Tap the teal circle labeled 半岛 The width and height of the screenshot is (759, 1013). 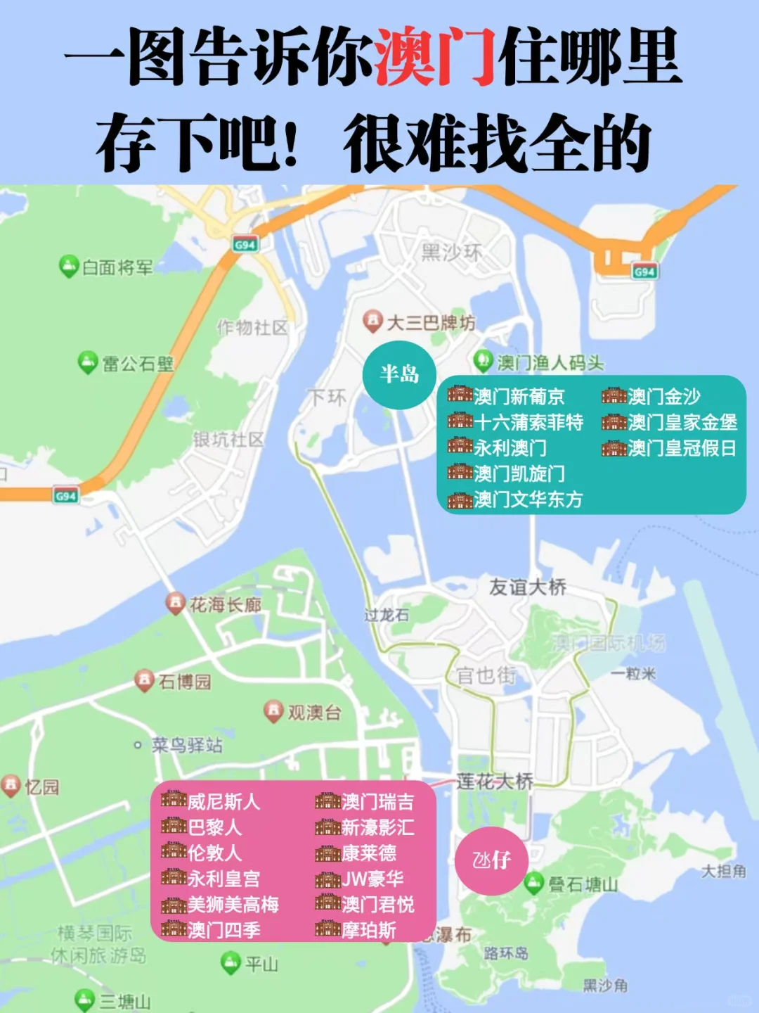[399, 374]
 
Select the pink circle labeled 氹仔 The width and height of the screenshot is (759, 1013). [491, 860]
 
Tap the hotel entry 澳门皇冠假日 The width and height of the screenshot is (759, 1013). [668, 448]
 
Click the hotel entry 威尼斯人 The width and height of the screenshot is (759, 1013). [211, 801]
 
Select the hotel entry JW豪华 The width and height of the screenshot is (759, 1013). [360, 879]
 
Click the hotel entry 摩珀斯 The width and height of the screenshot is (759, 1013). [356, 930]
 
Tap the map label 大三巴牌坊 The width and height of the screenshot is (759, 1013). [431, 323]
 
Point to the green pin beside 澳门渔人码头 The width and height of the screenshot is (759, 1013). [483, 361]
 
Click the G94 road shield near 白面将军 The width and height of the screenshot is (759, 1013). [245, 245]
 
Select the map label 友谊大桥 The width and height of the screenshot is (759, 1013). [528, 587]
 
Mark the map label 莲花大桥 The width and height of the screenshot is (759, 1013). [495, 781]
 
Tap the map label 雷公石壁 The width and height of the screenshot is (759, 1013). [138, 364]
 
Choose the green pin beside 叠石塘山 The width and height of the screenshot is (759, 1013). [535, 882]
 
